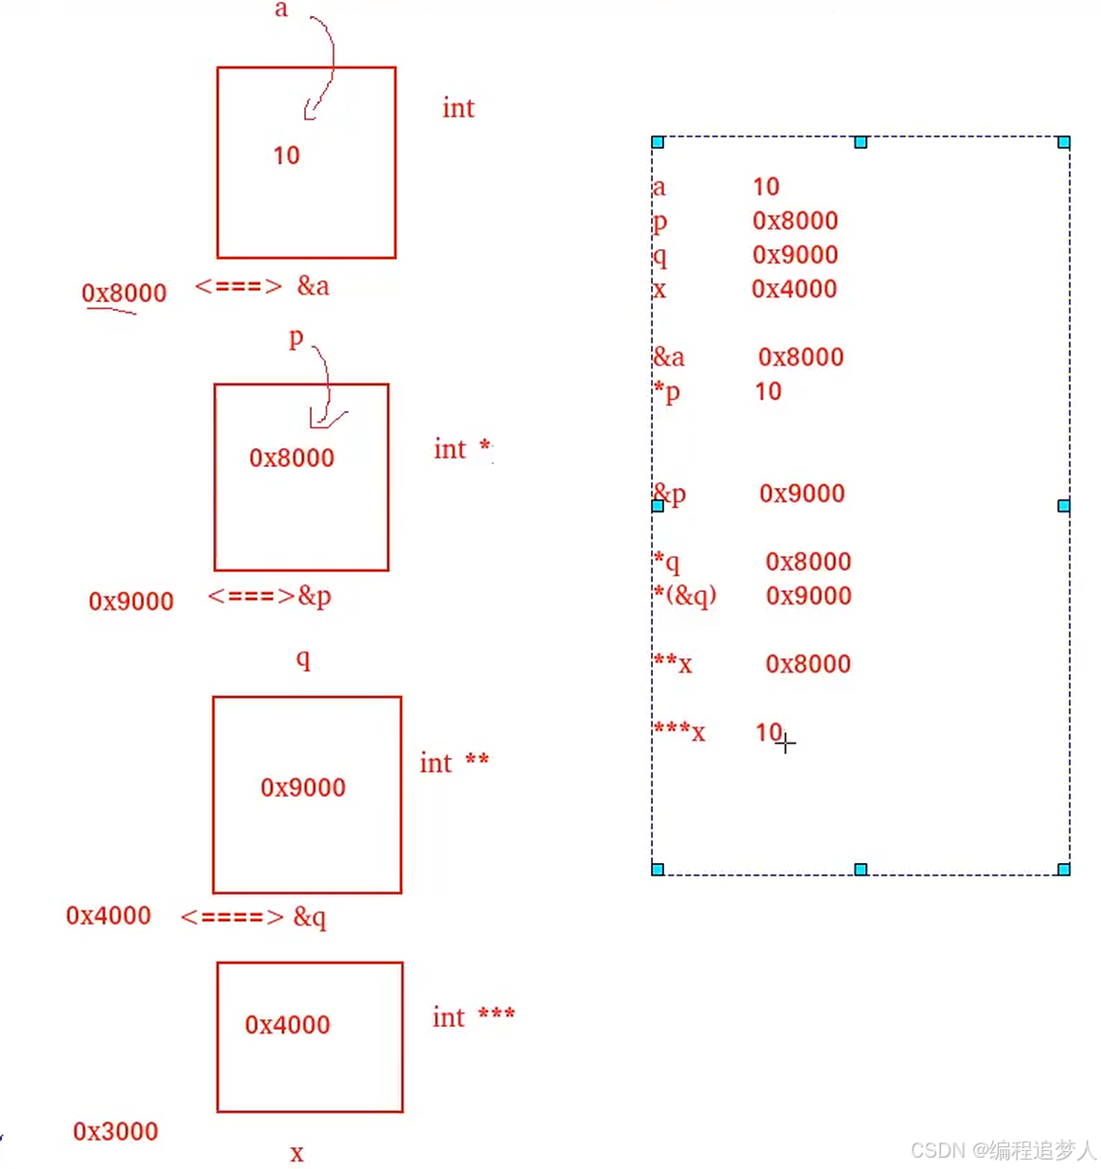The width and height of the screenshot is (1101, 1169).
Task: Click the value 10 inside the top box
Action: [286, 155]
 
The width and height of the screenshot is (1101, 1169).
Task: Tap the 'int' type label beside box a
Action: [458, 108]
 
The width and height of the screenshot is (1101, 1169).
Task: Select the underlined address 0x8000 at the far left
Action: [124, 294]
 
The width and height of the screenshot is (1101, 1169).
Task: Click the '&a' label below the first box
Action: [313, 286]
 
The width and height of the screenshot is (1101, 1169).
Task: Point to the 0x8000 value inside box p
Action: [292, 459]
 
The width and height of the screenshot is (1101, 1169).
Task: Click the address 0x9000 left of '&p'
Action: [131, 602]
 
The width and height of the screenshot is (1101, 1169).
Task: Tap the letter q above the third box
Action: [303, 658]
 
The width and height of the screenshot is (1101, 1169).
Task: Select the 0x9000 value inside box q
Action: [303, 787]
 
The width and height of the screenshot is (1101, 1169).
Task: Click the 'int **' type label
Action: [454, 763]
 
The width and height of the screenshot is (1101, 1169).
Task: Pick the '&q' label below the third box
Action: [309, 917]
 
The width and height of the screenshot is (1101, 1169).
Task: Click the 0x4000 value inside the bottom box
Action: [287, 1025]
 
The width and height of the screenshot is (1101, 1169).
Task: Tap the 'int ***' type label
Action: [473, 1017]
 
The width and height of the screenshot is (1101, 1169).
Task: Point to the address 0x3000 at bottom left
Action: [116, 1131]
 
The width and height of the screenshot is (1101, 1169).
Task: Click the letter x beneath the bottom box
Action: [297, 1154]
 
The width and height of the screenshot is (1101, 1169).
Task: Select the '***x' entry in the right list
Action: [679, 731]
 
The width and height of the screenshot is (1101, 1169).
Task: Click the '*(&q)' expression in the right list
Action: [685, 595]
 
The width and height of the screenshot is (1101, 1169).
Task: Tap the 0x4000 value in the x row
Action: [794, 289]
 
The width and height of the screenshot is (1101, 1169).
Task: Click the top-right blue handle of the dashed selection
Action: [1064, 142]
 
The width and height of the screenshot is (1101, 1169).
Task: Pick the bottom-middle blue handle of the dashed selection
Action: [860, 870]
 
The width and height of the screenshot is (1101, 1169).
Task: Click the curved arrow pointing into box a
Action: [322, 66]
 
